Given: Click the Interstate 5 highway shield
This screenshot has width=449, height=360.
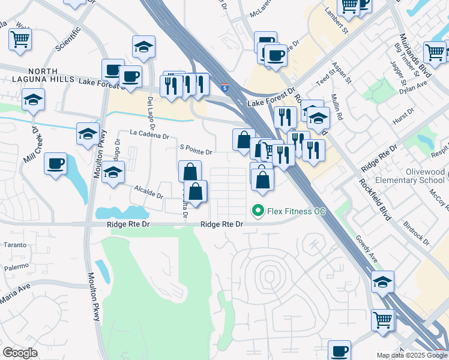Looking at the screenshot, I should tap(224, 87).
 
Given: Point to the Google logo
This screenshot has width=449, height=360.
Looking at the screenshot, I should tap(20, 353).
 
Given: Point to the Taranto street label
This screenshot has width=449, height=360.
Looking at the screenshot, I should tap(15, 245).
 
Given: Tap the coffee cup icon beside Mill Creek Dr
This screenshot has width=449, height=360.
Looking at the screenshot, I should tap(56, 164).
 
